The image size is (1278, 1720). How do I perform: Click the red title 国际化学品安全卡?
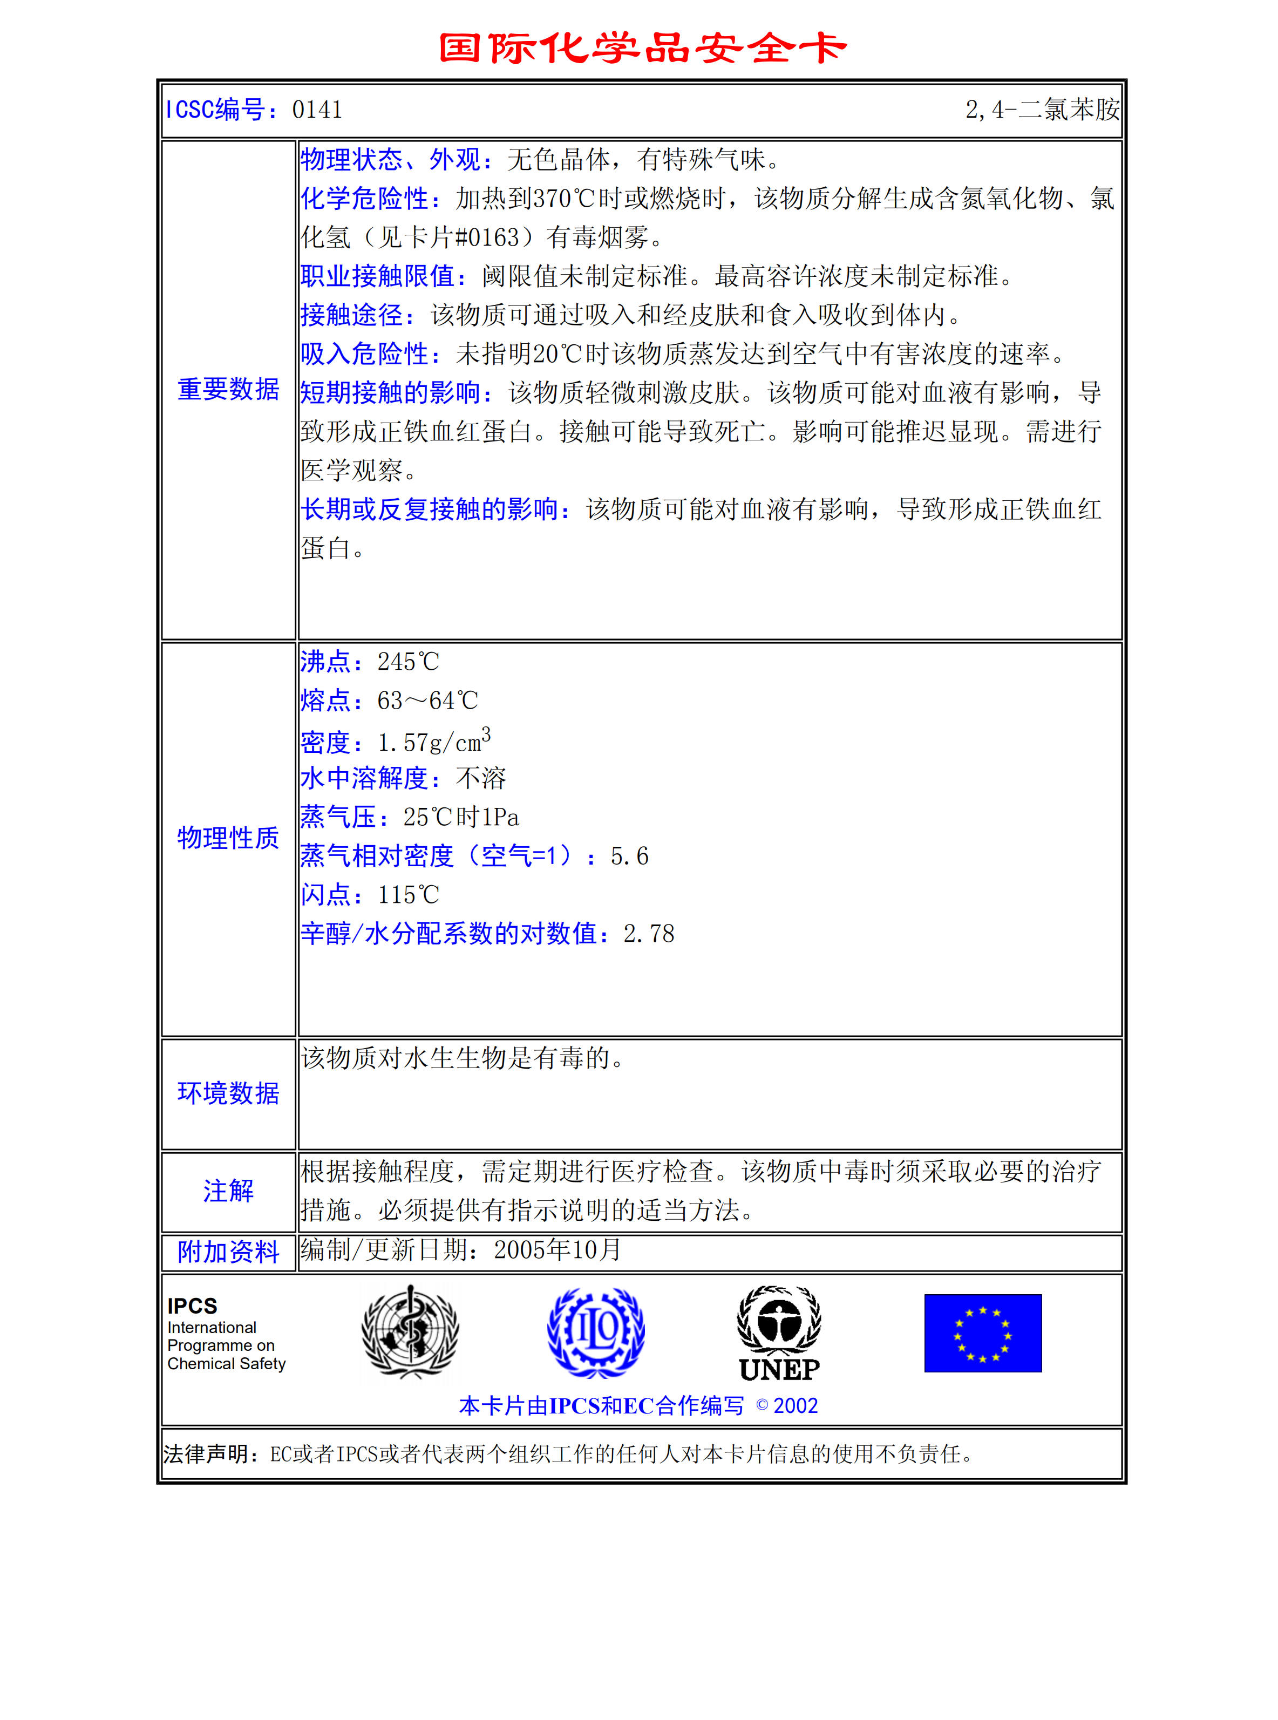(x=642, y=48)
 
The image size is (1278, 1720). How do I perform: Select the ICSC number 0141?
(x=317, y=110)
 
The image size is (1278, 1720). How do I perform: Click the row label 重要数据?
(x=228, y=389)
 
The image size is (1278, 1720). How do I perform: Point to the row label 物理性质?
(x=228, y=838)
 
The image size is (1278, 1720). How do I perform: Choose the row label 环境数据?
(x=228, y=1093)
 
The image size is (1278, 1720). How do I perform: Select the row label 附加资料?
(x=228, y=1252)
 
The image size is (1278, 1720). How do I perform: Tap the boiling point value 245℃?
(x=407, y=662)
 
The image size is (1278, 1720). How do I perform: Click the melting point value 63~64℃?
(x=427, y=701)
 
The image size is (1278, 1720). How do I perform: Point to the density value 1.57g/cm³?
(x=433, y=742)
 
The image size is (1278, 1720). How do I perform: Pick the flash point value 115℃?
(x=407, y=895)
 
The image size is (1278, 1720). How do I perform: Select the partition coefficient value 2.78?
(x=648, y=934)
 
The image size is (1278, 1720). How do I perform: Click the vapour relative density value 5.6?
(x=629, y=856)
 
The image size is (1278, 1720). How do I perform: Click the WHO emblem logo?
(x=410, y=1332)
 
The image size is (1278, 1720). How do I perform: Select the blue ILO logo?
(x=596, y=1332)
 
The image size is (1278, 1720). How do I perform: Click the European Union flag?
(x=982, y=1333)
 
